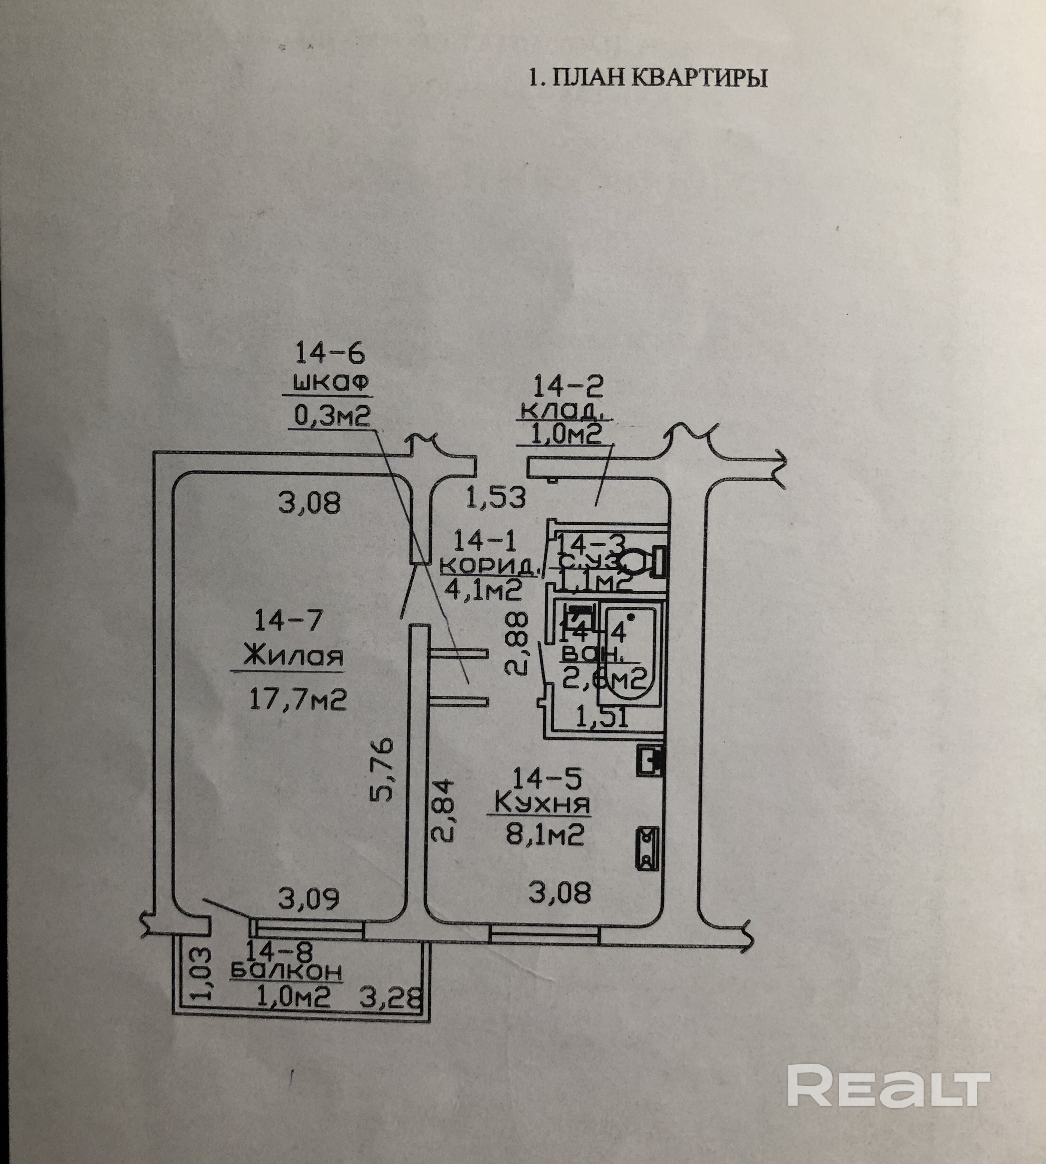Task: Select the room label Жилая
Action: tap(293, 656)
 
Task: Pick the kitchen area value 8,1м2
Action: tap(545, 833)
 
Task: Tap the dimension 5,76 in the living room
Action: tap(380, 769)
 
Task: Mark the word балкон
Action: tap(286, 971)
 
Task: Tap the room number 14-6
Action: tap(330, 353)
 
